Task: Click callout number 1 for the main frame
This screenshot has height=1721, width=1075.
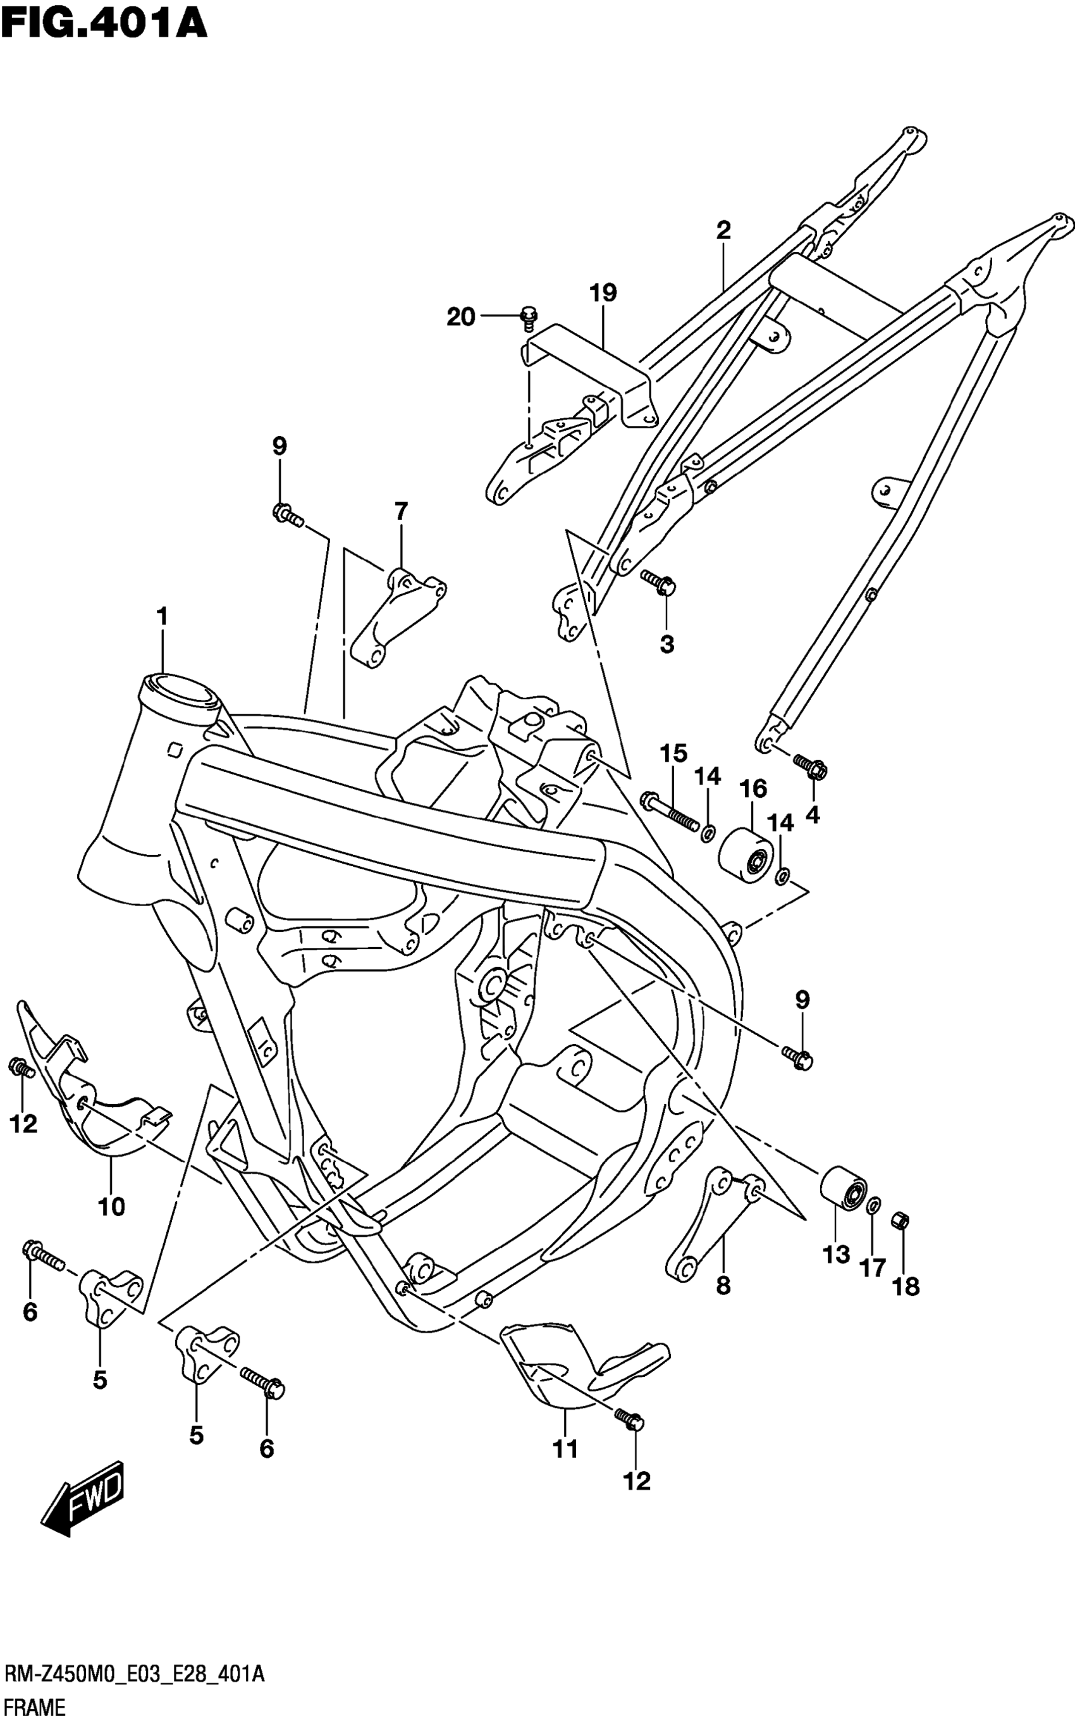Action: click(x=162, y=616)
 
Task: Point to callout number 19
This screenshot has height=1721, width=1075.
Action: click(x=603, y=292)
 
